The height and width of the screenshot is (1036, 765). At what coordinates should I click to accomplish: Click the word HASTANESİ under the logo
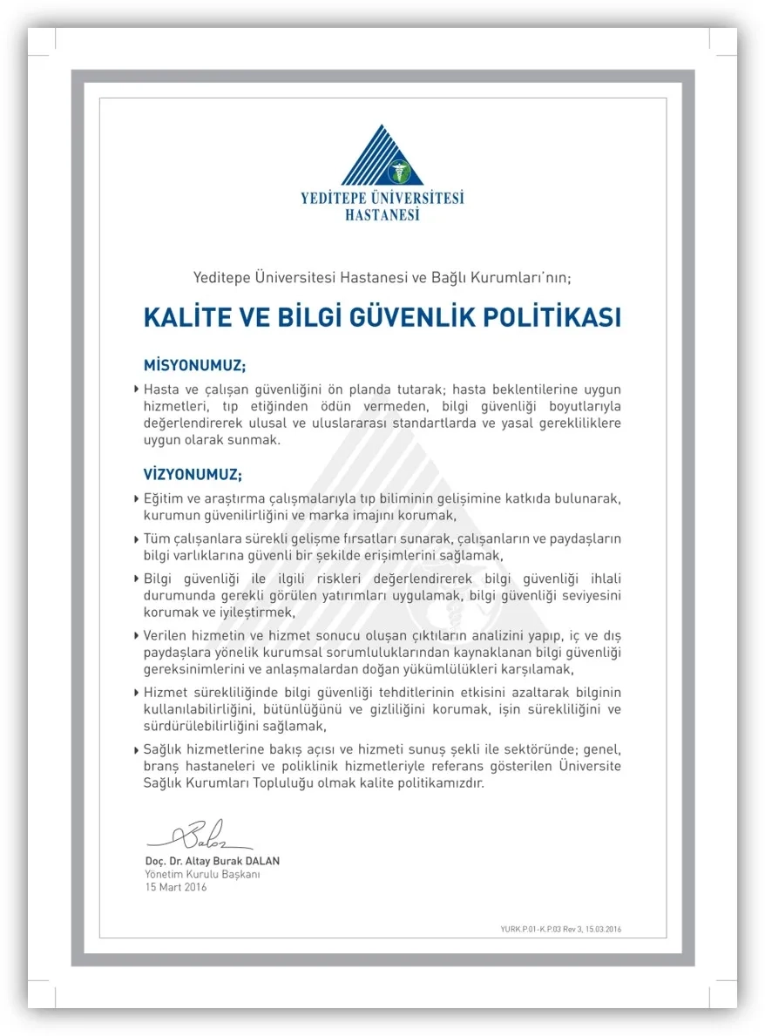382,214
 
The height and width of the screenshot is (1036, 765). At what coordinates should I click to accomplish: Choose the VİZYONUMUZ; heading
193,475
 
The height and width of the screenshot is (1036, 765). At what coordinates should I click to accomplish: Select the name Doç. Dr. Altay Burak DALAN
212,861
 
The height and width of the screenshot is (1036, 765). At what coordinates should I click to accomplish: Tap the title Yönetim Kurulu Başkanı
202,874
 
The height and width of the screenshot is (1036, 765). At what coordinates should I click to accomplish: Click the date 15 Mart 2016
176,887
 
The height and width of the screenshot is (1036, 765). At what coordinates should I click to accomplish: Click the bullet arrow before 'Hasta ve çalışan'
137,389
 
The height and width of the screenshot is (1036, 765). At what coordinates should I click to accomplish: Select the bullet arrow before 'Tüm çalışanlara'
137,539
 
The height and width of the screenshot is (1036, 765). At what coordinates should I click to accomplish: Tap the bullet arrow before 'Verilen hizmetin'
137,636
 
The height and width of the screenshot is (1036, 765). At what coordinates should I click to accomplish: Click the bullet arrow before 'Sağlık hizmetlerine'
137,750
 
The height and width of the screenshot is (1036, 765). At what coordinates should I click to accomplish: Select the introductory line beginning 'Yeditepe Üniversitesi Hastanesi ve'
382,278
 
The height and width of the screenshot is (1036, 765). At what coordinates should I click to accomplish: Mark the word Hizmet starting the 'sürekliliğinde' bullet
164,692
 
